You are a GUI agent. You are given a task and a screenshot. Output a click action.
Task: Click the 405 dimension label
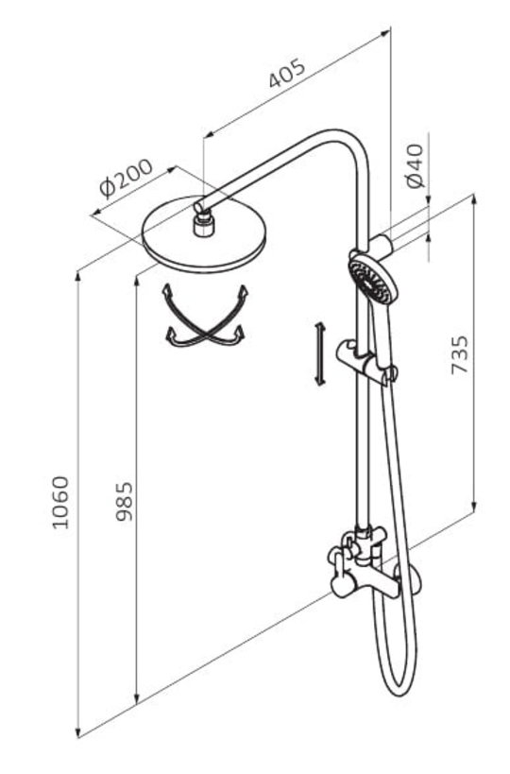(x=287, y=74)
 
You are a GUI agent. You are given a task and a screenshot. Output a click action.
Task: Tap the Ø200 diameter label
(x=127, y=178)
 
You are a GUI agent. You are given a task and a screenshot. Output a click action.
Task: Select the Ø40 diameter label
(x=416, y=165)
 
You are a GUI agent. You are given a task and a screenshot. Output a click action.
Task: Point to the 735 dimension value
(x=460, y=354)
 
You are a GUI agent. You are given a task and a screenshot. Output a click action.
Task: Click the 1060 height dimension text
(x=61, y=502)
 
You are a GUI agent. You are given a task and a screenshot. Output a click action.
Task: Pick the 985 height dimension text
(x=124, y=502)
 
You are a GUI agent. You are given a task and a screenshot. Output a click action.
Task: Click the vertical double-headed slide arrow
(x=319, y=353)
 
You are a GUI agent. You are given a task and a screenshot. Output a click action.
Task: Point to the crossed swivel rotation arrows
(x=205, y=316)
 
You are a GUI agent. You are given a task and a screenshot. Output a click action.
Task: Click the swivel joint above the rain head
(x=202, y=220)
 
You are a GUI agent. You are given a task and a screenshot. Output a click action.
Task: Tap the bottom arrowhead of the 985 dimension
(x=137, y=697)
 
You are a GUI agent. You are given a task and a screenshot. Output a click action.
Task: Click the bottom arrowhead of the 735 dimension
(x=474, y=507)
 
